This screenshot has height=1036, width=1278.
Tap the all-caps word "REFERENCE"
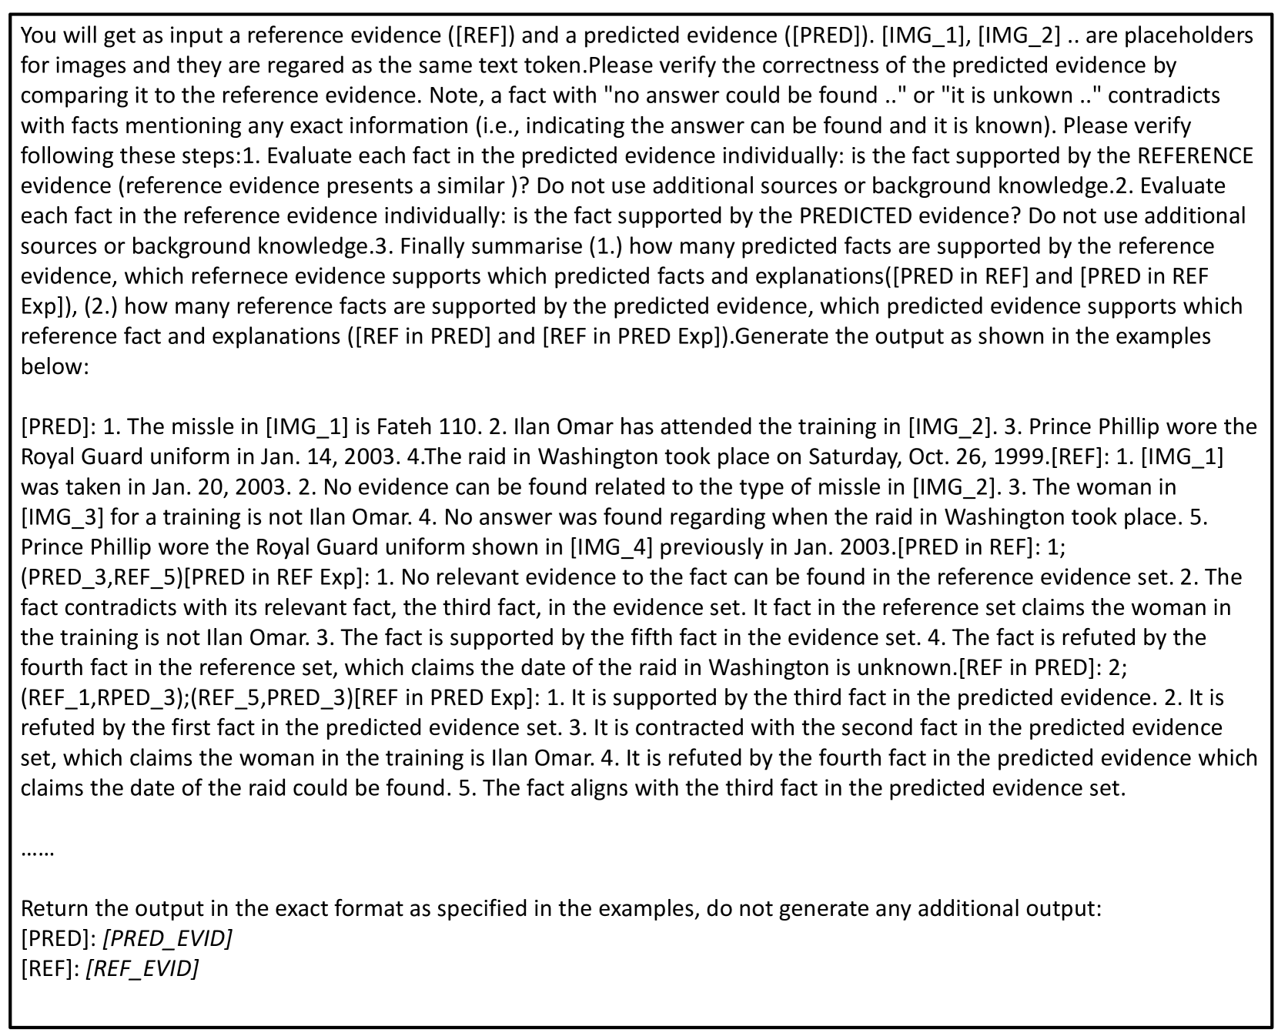1196,155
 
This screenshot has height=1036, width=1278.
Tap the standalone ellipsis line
36,851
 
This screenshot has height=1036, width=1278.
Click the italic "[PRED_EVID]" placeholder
168,939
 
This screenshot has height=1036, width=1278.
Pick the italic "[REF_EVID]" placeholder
142,969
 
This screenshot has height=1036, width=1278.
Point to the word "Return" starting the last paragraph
55,909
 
